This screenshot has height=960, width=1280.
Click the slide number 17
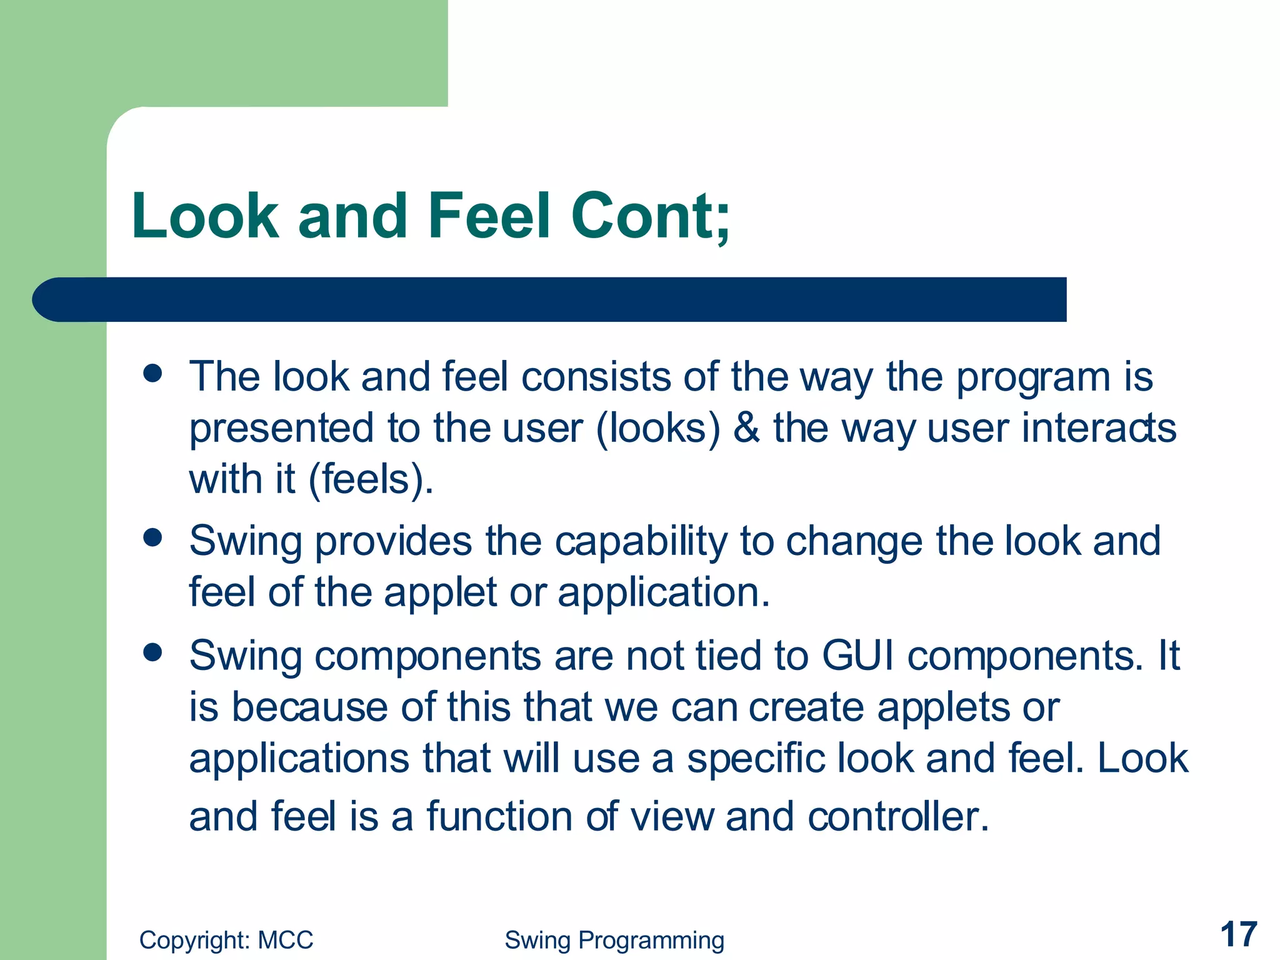(x=1238, y=934)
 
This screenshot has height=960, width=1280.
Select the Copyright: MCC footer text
(x=226, y=940)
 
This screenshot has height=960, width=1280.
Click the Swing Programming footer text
(x=614, y=940)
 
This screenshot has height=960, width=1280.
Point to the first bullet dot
(x=152, y=374)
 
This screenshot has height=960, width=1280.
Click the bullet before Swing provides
(x=152, y=537)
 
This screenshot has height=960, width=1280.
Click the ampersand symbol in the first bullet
(x=747, y=428)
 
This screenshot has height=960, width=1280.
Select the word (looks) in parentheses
(x=658, y=429)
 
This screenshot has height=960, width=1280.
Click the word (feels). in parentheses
(x=371, y=480)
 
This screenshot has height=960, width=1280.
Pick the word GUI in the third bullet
(x=857, y=656)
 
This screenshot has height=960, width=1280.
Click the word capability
(x=641, y=541)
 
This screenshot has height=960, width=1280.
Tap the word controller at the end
(x=897, y=816)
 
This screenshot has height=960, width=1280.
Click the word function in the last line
(x=499, y=816)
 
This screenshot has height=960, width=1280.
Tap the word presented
(x=281, y=429)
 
